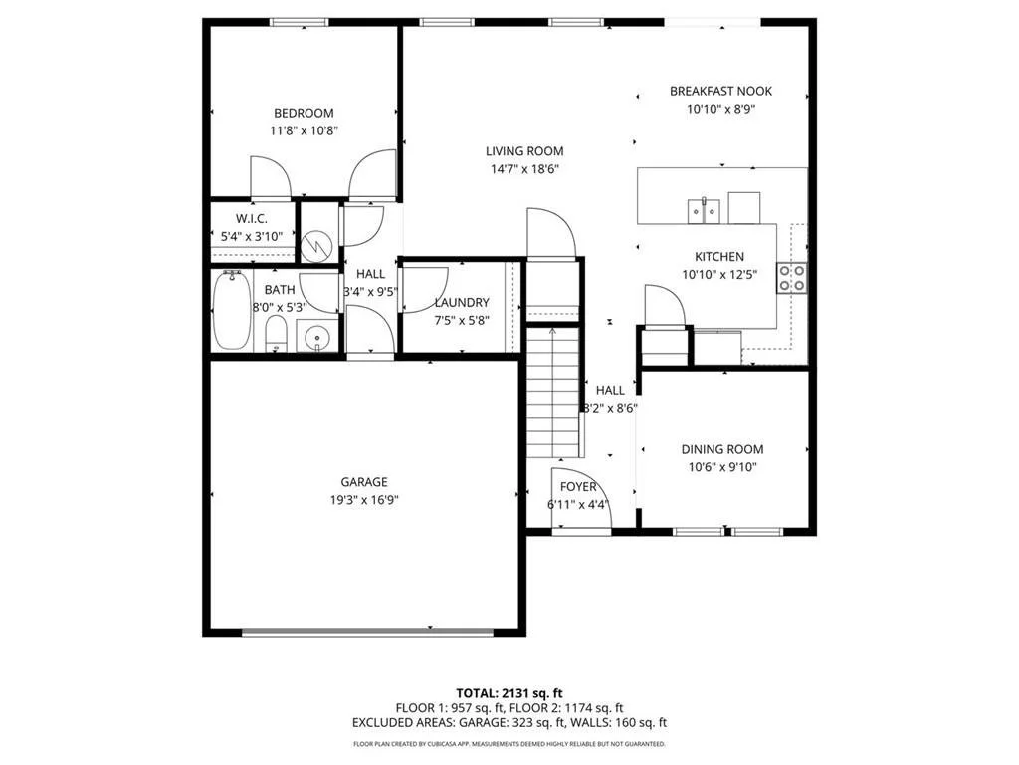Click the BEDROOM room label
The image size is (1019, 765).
click(304, 113)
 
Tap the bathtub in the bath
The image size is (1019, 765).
click(232, 311)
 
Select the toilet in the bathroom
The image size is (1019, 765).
click(277, 334)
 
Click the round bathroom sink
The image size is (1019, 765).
click(317, 338)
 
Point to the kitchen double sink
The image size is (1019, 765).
click(704, 209)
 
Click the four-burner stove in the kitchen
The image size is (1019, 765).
click(792, 277)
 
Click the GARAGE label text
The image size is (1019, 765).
click(363, 482)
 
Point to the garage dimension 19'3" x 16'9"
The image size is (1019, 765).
click(363, 500)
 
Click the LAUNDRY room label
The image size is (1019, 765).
click(461, 302)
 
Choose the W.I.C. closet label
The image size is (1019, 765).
click(251, 219)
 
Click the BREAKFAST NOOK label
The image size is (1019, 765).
click(720, 91)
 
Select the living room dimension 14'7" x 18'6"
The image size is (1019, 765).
click(524, 169)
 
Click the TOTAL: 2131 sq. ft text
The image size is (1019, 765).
click(509, 692)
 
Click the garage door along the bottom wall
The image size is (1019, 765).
click(367, 630)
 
